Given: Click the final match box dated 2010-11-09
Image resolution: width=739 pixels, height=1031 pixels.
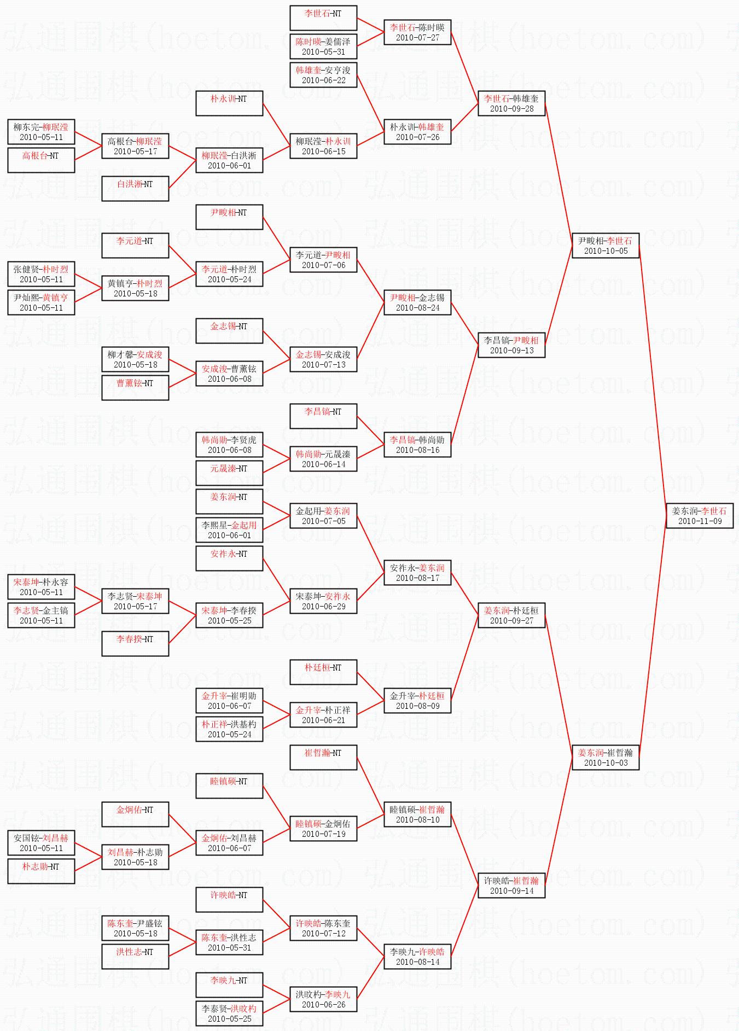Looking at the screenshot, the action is point(700,516).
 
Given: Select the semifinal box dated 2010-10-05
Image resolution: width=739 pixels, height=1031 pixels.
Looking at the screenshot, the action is point(606,246).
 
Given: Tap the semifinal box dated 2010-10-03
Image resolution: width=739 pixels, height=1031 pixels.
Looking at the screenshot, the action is point(606,758).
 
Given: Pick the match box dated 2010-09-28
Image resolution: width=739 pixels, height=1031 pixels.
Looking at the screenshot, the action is point(511,103).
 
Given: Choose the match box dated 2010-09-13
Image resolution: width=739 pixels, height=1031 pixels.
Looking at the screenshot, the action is point(511,345).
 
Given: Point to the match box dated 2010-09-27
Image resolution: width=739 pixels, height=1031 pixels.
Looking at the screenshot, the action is point(511,615).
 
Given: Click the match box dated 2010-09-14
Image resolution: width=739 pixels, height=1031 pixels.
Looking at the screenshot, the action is point(511,886).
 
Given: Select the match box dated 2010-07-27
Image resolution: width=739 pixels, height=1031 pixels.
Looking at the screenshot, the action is point(417,32).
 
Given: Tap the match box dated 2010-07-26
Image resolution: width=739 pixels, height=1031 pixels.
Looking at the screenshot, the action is point(417,132).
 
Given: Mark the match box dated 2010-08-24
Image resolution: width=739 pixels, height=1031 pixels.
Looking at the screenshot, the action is point(417,302).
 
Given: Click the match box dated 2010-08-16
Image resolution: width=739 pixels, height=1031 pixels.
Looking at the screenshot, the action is point(417,445).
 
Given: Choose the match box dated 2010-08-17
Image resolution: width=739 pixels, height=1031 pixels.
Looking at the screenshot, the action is point(417,573).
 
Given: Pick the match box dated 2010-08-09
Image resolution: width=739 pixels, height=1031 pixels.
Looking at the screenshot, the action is point(417,701).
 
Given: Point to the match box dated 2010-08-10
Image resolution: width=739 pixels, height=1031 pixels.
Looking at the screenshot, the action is point(417,814).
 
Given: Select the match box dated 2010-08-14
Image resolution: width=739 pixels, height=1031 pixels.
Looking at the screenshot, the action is point(417,957).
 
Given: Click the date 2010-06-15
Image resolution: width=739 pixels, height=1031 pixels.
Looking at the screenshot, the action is point(324,152).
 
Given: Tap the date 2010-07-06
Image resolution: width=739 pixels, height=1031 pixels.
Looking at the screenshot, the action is point(324,265).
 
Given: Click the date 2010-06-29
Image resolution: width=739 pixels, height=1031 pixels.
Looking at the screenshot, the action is point(324,607).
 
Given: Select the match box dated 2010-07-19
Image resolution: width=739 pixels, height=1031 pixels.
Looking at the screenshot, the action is point(323,829).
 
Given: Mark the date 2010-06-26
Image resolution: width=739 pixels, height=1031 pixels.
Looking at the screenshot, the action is point(324,1005).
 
